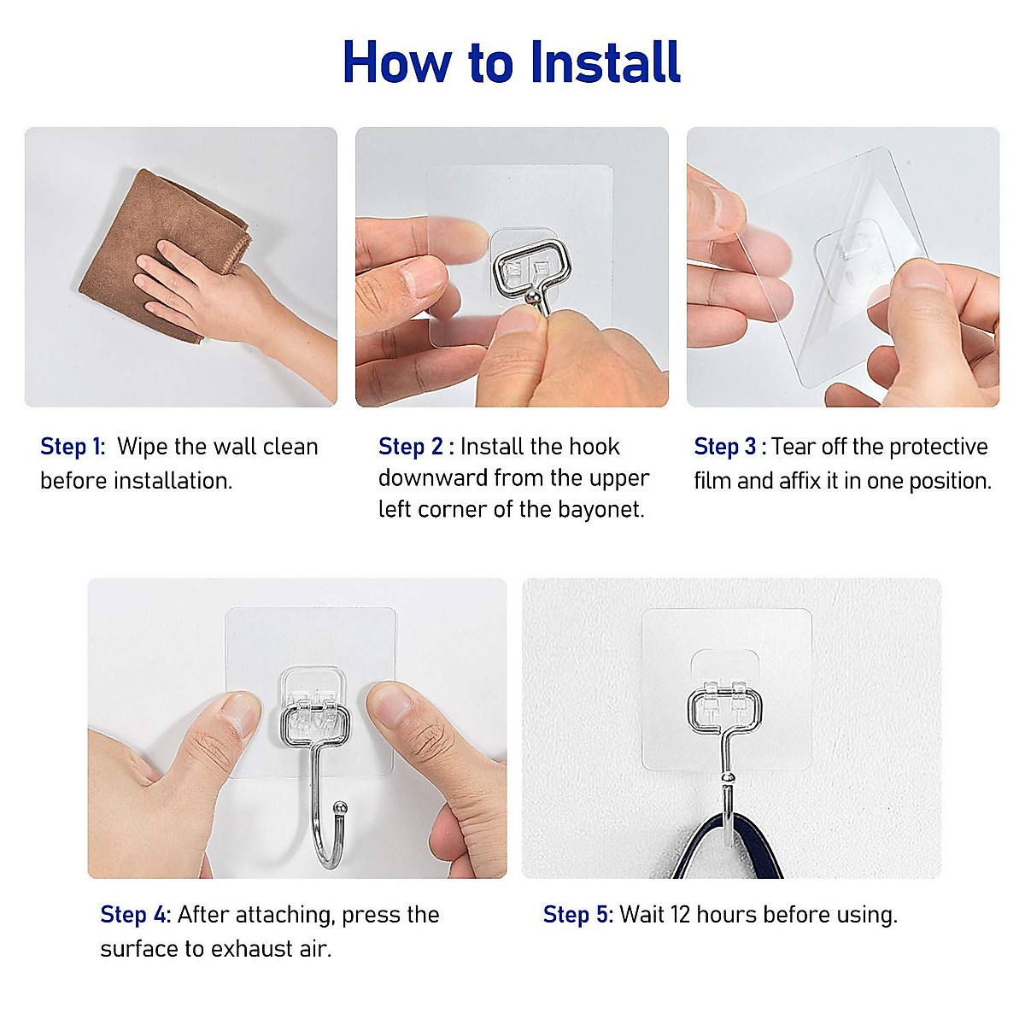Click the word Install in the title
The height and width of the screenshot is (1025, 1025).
pyautogui.click(x=605, y=61)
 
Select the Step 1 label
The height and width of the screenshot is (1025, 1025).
pyautogui.click(x=72, y=447)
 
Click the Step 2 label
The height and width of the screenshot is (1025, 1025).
pyautogui.click(x=415, y=447)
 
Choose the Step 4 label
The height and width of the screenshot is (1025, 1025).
pyautogui.click(x=135, y=915)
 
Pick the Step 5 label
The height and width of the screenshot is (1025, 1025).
pyautogui.click(x=577, y=915)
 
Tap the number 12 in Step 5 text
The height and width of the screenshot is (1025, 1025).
pyautogui.click(x=680, y=915)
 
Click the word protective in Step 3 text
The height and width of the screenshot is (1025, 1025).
pyautogui.click(x=938, y=447)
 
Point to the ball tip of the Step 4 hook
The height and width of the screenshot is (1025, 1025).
pyautogui.click(x=340, y=806)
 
